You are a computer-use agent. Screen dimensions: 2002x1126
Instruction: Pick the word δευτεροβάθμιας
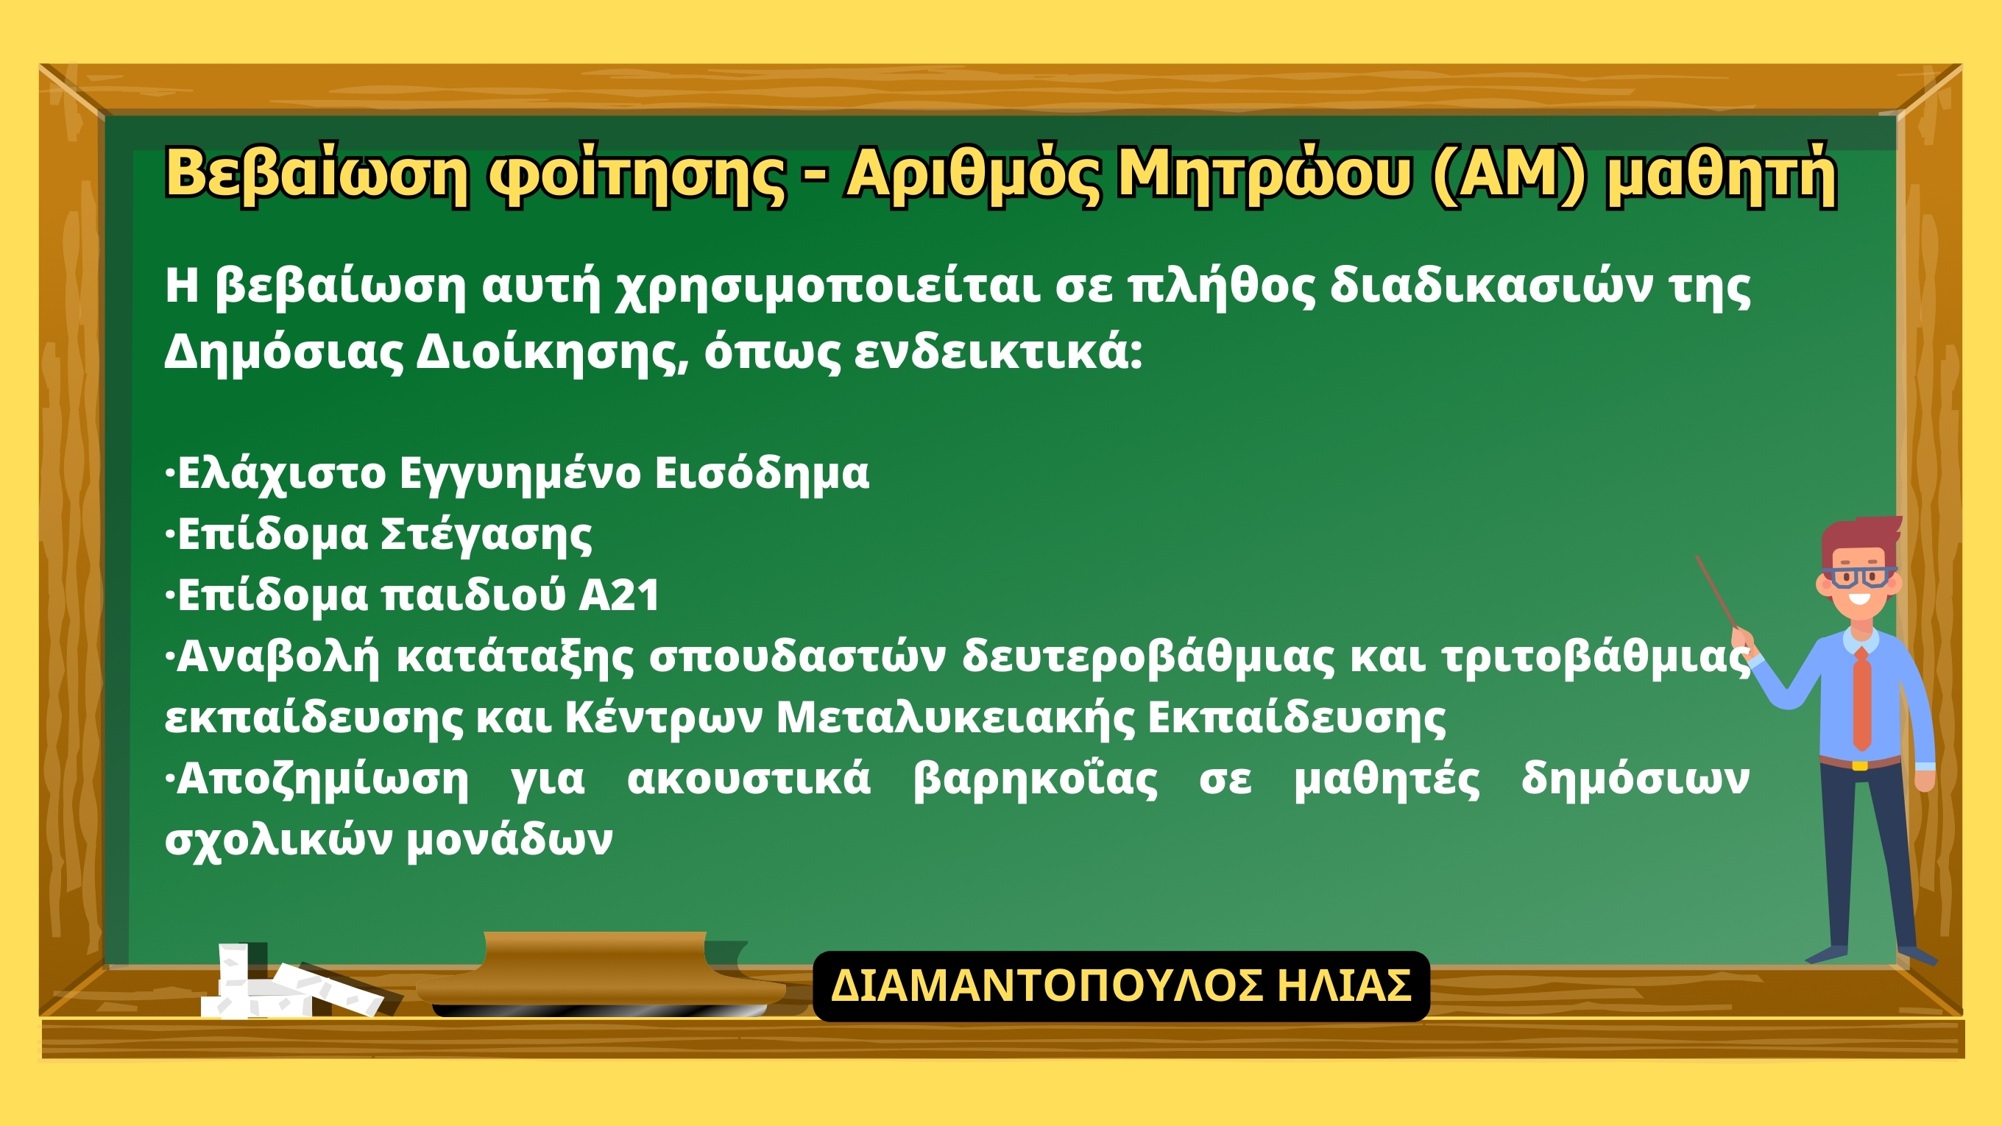tap(1149, 657)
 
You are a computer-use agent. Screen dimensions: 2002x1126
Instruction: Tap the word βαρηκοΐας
tap(1035, 779)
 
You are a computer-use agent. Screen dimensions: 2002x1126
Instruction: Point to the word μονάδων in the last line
tap(510, 840)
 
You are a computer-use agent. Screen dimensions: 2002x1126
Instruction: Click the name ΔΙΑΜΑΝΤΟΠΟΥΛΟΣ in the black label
tap(1046, 985)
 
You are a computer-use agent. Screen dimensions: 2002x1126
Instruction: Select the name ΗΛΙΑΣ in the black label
tap(1345, 985)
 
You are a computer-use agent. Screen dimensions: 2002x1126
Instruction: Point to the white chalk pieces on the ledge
tap(291, 982)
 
